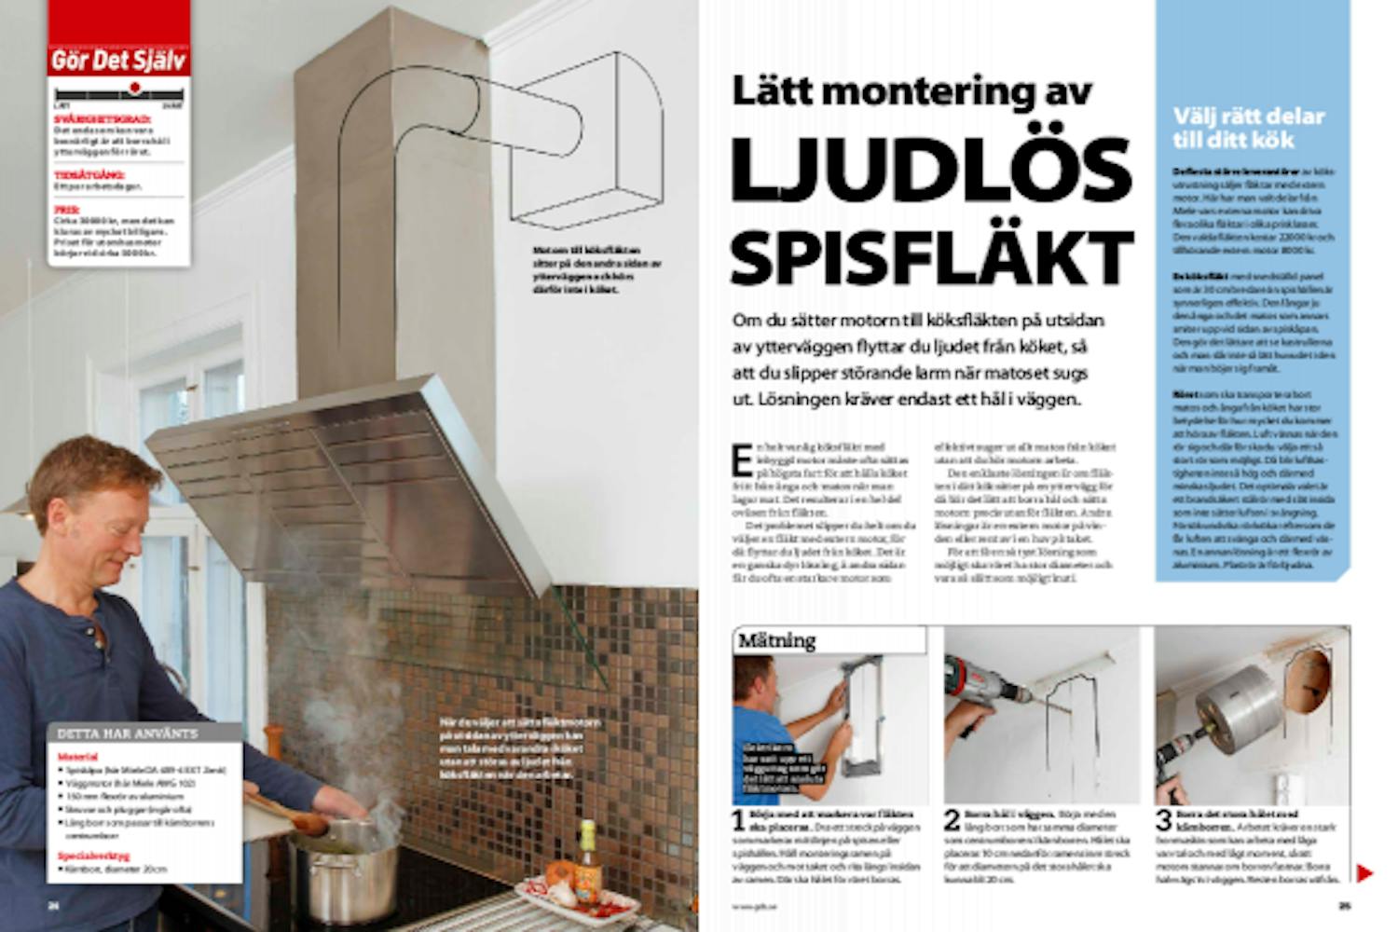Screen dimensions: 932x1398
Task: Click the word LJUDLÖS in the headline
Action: pyautogui.click(x=930, y=172)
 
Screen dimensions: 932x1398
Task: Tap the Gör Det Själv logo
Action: pyautogui.click(x=119, y=61)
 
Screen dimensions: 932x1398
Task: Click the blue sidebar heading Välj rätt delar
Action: pyautogui.click(x=1248, y=128)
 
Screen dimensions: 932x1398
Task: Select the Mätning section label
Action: pyautogui.click(x=776, y=641)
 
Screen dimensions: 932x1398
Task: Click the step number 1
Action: pyautogui.click(x=738, y=820)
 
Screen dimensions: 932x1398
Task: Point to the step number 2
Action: pyautogui.click(x=952, y=820)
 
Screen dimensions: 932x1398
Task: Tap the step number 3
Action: pyautogui.click(x=1163, y=820)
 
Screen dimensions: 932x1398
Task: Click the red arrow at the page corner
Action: pyautogui.click(x=1364, y=873)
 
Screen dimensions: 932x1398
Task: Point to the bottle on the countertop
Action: pyautogui.click(x=586, y=854)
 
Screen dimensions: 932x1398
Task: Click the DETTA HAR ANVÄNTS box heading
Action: pyautogui.click(x=128, y=733)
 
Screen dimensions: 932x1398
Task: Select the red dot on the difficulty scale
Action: pyautogui.click(x=135, y=88)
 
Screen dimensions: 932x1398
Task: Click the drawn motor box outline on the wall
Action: pyautogui.click(x=587, y=140)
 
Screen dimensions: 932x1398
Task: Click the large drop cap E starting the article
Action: pyautogui.click(x=741, y=461)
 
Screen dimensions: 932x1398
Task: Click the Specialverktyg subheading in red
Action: pyautogui.click(x=93, y=856)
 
